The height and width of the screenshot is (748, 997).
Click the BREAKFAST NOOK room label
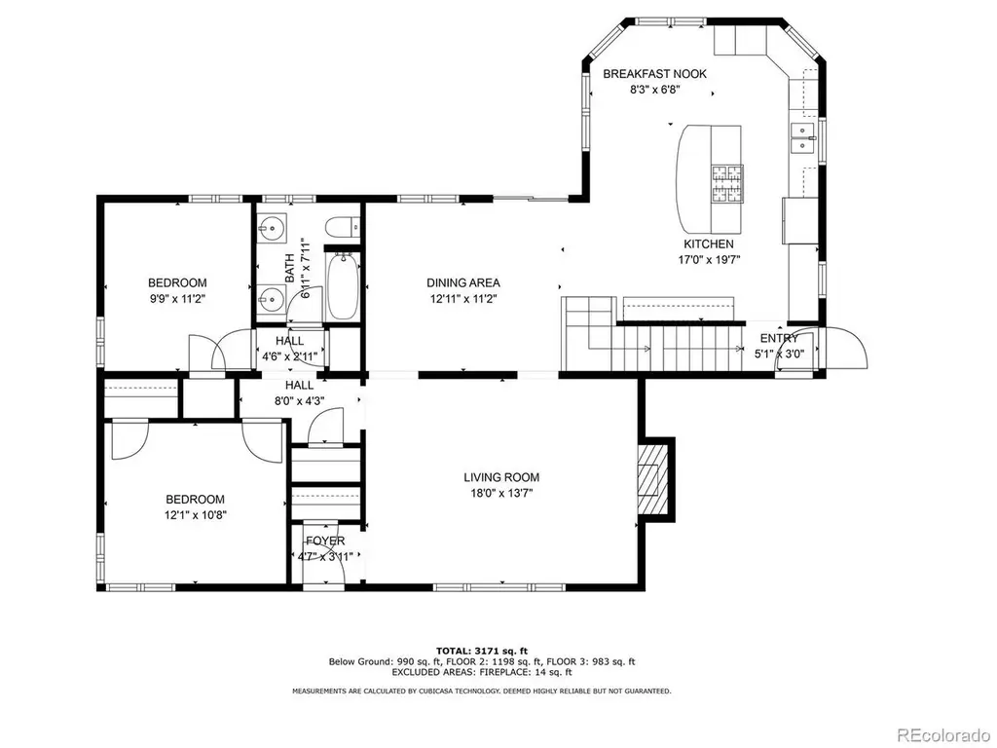click(x=654, y=74)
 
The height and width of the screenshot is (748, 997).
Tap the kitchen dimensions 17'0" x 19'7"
click(x=709, y=259)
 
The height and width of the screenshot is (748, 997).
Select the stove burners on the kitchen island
click(x=726, y=184)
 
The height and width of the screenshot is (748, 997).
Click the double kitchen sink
click(x=803, y=138)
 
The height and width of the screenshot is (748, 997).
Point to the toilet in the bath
click(x=342, y=227)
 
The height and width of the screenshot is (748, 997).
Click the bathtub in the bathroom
click(x=342, y=286)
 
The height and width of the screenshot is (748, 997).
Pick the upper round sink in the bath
click(x=273, y=226)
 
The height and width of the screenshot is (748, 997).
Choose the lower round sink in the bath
click(x=273, y=298)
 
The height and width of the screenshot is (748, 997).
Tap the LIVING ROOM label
click(x=501, y=477)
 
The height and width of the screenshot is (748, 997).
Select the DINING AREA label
click(x=462, y=283)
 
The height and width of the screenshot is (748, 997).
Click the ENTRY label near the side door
click(x=779, y=338)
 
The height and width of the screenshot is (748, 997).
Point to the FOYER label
click(x=325, y=541)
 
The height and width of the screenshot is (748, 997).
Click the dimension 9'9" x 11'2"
click(x=177, y=298)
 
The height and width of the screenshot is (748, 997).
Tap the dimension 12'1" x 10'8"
click(x=195, y=514)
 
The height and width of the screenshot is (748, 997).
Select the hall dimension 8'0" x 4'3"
click(x=299, y=400)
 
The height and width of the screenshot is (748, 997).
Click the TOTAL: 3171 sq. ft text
click(x=482, y=651)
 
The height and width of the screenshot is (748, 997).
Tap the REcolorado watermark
click(x=942, y=735)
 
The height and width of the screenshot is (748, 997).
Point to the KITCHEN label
click(x=709, y=244)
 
